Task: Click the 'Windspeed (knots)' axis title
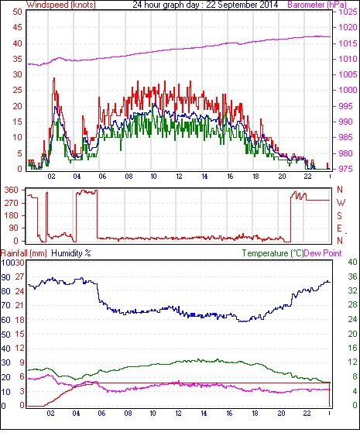[61, 5]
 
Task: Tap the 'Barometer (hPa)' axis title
[317, 5]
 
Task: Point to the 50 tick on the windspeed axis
[17, 12]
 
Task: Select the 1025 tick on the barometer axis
[348, 12]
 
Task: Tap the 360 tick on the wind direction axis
[12, 191]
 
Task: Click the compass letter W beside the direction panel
[341, 203]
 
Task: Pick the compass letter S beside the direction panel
[339, 215]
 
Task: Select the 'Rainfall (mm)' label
[24, 253]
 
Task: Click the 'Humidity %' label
[71, 253]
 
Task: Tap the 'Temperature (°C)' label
[273, 253]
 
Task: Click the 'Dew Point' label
[323, 253]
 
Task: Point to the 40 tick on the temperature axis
[352, 262]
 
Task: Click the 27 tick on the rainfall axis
[19, 277]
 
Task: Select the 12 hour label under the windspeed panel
[179, 177]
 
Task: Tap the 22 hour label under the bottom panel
[307, 414]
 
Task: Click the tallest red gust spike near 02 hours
[54, 79]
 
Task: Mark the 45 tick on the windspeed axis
[17, 28]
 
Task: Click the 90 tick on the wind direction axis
[13, 228]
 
